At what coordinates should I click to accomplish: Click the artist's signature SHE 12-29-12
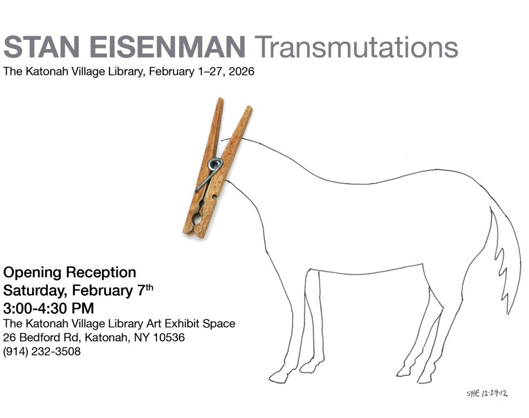point(487,393)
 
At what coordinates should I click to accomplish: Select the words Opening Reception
point(69,273)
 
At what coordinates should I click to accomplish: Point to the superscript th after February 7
point(149,287)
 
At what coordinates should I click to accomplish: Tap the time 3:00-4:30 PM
point(48,309)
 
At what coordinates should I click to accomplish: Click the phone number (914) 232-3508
point(42,352)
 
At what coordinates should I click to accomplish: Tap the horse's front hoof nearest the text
point(279,376)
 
